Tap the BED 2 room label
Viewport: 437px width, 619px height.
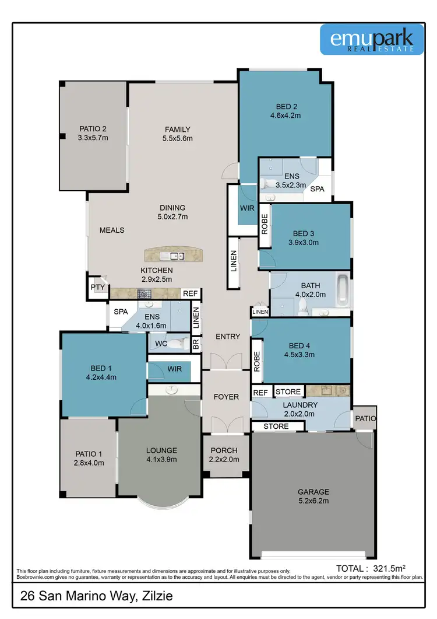click(286, 106)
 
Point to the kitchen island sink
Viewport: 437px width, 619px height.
click(174, 256)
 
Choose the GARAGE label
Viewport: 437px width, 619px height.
click(313, 491)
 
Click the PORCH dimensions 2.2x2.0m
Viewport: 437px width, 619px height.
click(224, 460)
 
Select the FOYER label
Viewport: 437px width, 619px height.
click(226, 397)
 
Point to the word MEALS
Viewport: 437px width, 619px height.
click(112, 230)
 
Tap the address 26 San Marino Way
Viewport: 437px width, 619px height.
click(96, 596)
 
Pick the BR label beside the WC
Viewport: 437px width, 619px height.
click(196, 345)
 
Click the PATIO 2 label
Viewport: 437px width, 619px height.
click(93, 129)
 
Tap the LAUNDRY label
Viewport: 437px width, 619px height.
click(301, 405)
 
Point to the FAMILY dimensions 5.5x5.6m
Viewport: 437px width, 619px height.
click(178, 138)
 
